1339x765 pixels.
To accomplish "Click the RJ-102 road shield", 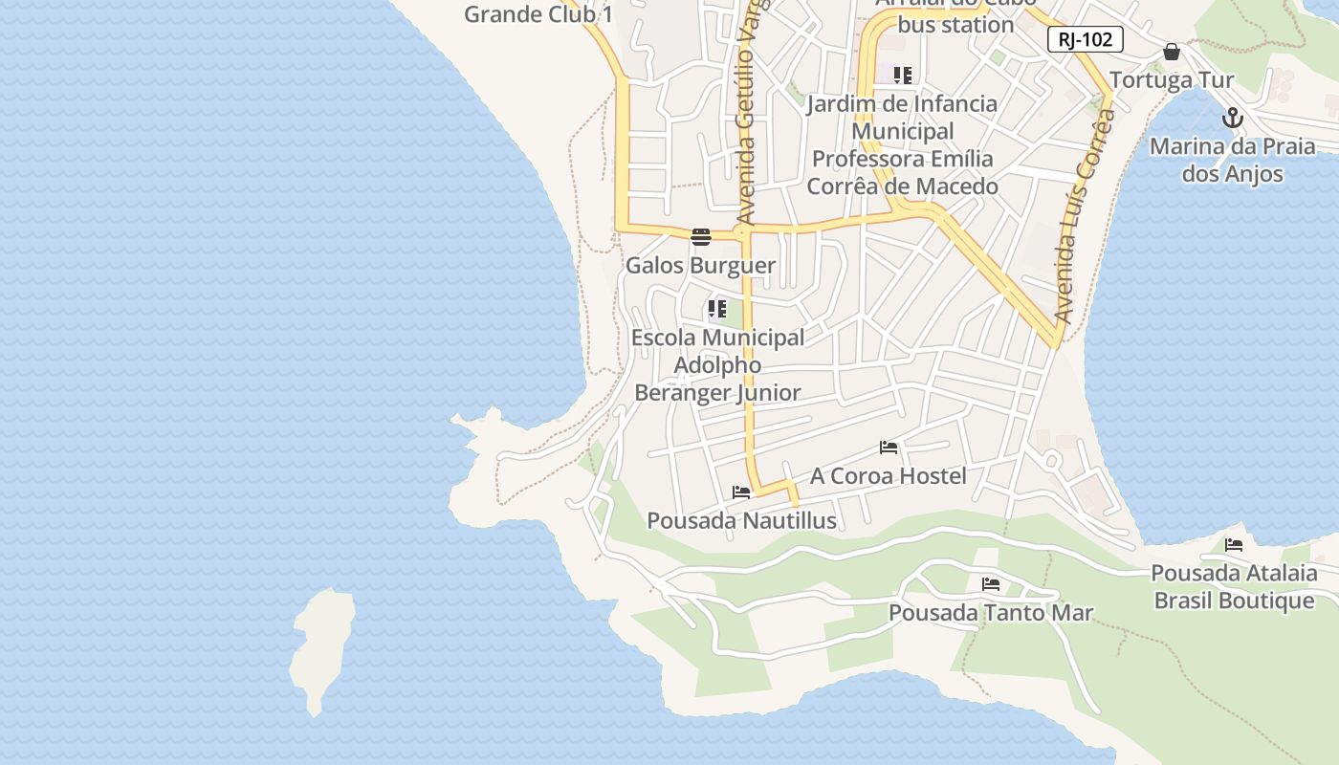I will click(x=1085, y=40).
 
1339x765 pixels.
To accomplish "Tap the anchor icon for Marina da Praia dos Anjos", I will click(x=1233, y=119).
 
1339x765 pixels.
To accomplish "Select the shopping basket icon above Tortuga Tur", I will click(x=1172, y=52).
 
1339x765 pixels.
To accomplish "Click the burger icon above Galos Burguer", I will click(x=701, y=237).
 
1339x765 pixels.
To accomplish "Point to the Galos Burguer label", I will click(x=700, y=265).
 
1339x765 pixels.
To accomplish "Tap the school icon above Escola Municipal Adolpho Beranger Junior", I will click(x=716, y=309).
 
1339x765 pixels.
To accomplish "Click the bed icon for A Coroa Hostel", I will click(x=889, y=448).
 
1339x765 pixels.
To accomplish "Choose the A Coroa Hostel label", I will click(x=889, y=475).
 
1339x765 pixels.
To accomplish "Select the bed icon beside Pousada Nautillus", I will click(x=741, y=493).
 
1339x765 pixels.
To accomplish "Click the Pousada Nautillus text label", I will click(x=741, y=521).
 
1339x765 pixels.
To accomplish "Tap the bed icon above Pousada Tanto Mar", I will click(x=991, y=584).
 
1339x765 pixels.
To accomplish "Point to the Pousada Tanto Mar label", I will click(x=991, y=612).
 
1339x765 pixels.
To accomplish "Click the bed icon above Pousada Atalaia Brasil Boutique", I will click(x=1234, y=546).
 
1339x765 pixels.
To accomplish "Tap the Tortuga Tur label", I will click(x=1172, y=79).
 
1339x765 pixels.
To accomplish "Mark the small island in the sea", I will click(x=321, y=650).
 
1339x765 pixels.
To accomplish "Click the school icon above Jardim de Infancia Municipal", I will click(x=902, y=75).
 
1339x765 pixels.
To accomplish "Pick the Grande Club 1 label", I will click(x=538, y=14).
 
